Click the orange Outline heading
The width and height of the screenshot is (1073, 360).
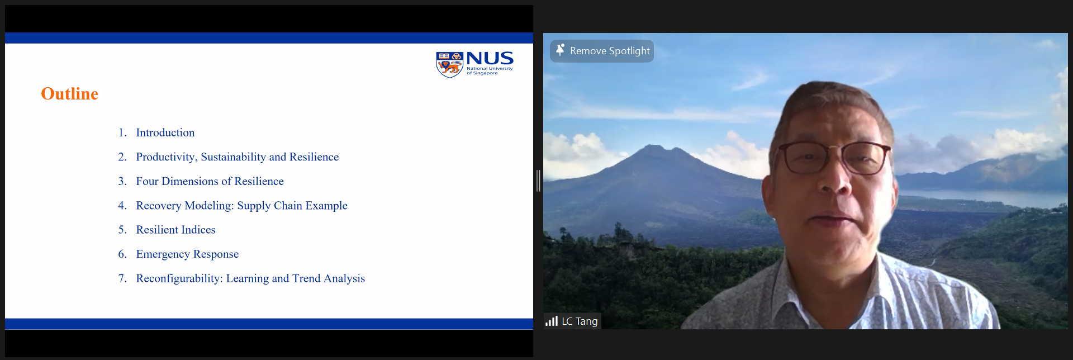pos(69,93)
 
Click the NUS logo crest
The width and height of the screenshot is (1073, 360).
pos(450,65)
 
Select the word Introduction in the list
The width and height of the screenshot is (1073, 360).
pos(165,132)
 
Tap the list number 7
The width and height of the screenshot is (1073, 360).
pos(122,278)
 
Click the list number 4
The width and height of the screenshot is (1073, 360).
pos(122,206)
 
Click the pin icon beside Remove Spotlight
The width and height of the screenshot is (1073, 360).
pos(560,50)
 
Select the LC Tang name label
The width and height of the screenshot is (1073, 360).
pos(580,321)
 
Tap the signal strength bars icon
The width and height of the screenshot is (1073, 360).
pos(552,321)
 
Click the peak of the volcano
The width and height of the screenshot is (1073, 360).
pos(652,146)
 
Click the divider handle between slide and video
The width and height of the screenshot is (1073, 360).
pos(538,181)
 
